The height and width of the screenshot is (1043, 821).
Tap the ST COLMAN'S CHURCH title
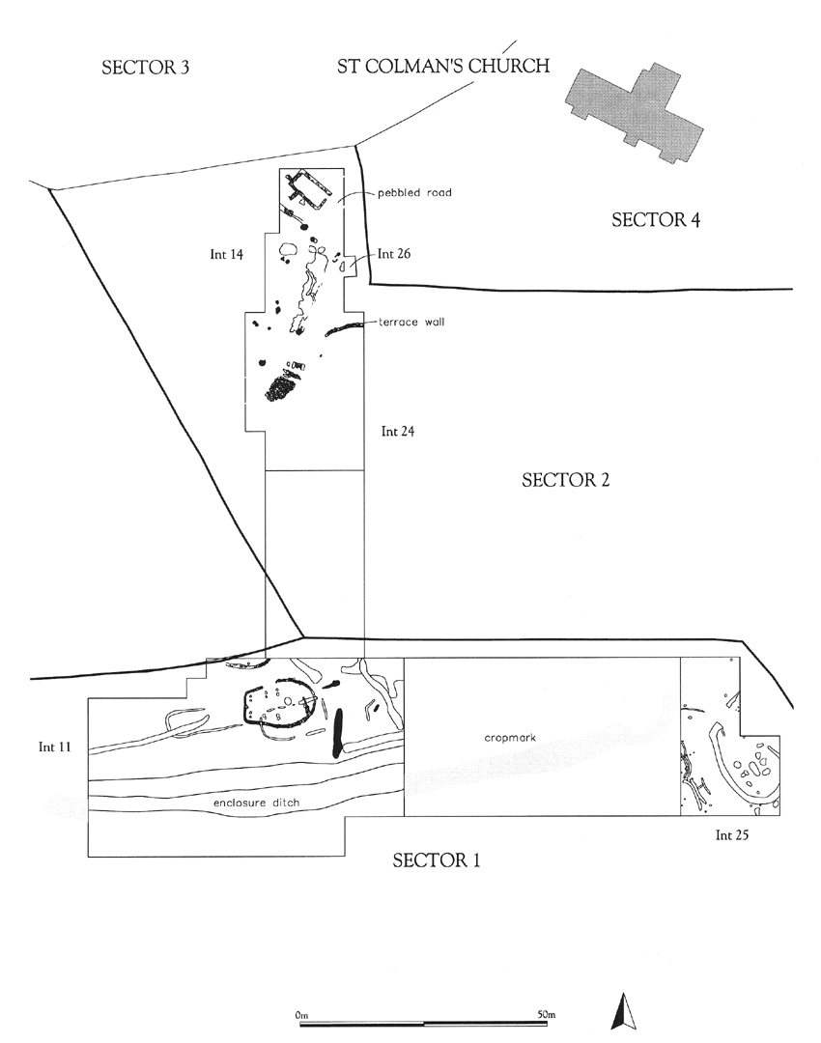click(x=443, y=67)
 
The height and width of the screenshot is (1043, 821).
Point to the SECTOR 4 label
click(x=656, y=220)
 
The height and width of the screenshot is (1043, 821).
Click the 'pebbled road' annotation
click(x=415, y=193)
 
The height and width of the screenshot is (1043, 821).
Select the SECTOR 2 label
click(x=565, y=480)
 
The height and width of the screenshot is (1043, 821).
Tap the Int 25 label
click(x=732, y=835)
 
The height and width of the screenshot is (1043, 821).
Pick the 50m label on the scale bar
click(x=546, y=1015)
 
